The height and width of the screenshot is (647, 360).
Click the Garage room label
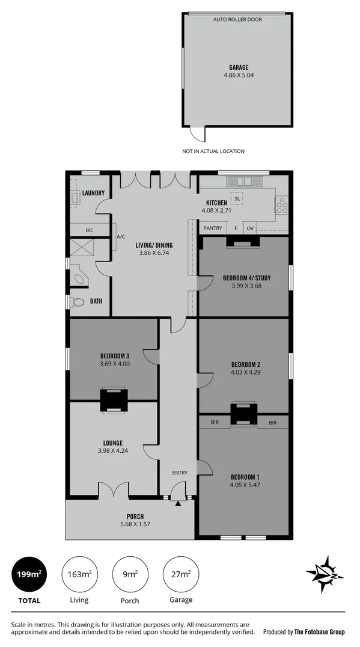pyautogui.click(x=239, y=68)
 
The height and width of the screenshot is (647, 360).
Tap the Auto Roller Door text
pyautogui.click(x=238, y=20)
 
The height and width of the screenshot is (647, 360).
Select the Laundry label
pyautogui.click(x=94, y=193)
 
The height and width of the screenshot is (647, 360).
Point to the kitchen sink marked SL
pyautogui.click(x=237, y=198)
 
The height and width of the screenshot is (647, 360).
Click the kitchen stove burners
pyautogui.click(x=281, y=206)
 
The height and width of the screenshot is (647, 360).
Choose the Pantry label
pyautogui.click(x=213, y=228)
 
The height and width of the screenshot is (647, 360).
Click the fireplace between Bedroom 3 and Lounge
pyautogui.click(x=114, y=400)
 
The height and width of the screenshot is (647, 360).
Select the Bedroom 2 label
pyautogui.click(x=245, y=364)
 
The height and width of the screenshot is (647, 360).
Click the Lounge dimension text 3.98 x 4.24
pyautogui.click(x=114, y=450)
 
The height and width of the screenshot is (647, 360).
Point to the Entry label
pyautogui.click(x=180, y=473)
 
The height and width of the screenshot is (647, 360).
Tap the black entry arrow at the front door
pyautogui.click(x=177, y=504)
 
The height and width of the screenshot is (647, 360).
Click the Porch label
pyautogui.click(x=135, y=517)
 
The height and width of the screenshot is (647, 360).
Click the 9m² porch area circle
pyautogui.click(x=130, y=574)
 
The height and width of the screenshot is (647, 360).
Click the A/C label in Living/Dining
pyautogui.click(x=120, y=236)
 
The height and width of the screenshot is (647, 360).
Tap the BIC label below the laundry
pyautogui.click(x=90, y=230)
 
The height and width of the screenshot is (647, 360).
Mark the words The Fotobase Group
pyautogui.click(x=320, y=632)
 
